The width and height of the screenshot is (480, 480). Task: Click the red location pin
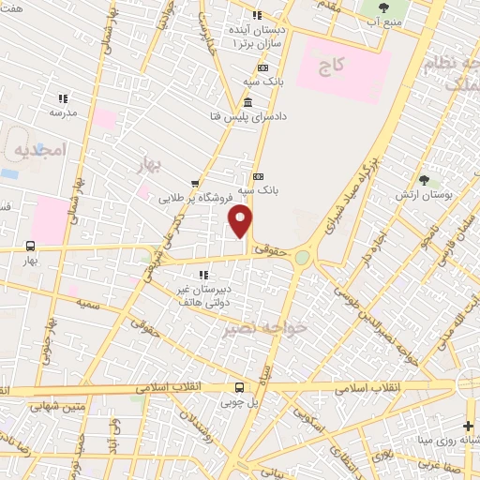click(x=241, y=222)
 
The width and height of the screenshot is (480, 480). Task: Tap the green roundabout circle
click(x=302, y=257)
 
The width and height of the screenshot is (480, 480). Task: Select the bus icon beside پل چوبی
click(x=240, y=386)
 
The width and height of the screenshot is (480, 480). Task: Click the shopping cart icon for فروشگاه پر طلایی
click(x=194, y=184)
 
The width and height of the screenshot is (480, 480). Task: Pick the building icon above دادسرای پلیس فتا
click(x=247, y=102)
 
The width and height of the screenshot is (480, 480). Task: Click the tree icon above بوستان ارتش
click(x=425, y=178)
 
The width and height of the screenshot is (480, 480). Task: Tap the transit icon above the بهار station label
click(x=30, y=248)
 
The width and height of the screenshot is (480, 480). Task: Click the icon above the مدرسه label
click(x=63, y=97)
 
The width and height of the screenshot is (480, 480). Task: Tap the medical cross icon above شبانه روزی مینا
click(x=469, y=426)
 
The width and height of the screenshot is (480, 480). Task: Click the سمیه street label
click(x=89, y=305)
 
